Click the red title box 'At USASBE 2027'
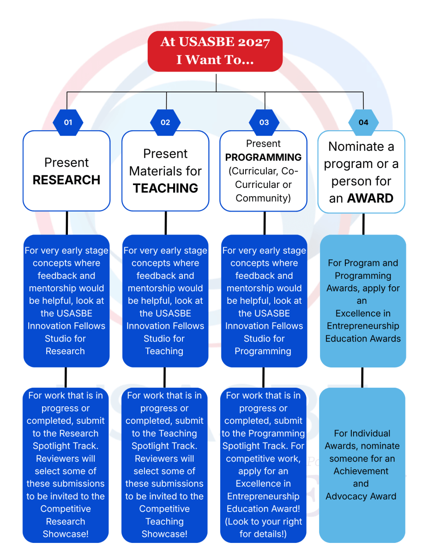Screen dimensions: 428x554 [215, 51]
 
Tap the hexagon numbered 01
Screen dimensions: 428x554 [68, 122]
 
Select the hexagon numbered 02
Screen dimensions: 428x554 [165, 122]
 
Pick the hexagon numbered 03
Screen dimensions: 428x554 [264, 122]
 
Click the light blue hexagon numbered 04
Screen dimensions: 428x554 [363, 122]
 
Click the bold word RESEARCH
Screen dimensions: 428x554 [66, 180]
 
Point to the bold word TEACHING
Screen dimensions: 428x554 [165, 188]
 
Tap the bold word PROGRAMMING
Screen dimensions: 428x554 [263, 157]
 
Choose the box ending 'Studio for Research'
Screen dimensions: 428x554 [66, 301]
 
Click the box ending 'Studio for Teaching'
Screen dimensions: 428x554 [165, 301]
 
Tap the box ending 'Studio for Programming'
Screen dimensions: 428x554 [264, 301]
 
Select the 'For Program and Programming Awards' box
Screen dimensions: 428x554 [363, 301]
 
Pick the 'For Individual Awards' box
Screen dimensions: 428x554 [362, 465]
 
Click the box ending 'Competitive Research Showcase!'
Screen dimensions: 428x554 [66, 465]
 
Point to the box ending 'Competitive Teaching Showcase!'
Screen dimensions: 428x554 [164, 465]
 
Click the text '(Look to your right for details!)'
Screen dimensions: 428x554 [263, 528]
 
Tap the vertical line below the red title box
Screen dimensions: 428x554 [216, 83]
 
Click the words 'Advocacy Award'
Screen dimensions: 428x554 [361, 496]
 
